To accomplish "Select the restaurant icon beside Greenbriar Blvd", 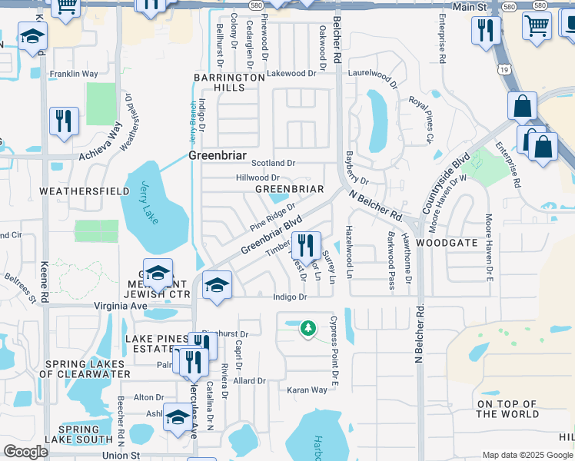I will click(x=307, y=246).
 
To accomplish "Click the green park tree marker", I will click(x=308, y=328).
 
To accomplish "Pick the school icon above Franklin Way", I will click(x=32, y=37).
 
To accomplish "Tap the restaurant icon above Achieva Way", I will click(x=63, y=121).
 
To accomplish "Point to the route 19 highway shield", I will click(x=502, y=70).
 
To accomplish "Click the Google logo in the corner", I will click(x=25, y=452).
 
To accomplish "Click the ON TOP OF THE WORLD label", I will click(x=507, y=409).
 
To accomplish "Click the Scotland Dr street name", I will click(x=274, y=163).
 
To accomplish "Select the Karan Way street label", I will click(x=307, y=390).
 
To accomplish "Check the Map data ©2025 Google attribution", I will click(x=527, y=455).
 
